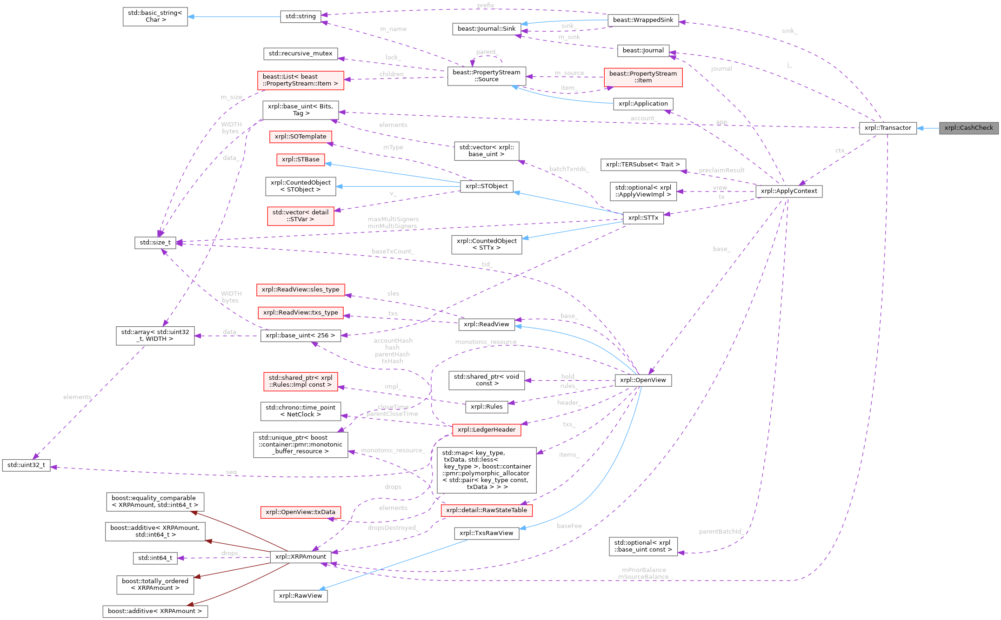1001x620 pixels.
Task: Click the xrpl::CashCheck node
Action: point(968,128)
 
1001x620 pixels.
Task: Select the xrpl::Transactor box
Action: point(888,128)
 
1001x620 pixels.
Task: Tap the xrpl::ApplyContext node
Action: point(789,191)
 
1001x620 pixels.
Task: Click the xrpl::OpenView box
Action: point(643,380)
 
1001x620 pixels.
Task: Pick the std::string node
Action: point(300,16)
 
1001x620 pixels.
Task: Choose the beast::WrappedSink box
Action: point(643,20)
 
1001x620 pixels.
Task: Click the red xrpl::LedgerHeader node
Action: point(486,430)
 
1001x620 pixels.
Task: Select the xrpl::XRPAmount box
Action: point(300,557)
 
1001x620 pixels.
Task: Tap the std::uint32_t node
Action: point(26,465)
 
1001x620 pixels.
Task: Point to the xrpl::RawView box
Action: point(300,596)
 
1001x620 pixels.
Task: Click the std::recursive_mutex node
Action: point(300,53)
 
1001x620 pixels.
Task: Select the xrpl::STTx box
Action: point(643,218)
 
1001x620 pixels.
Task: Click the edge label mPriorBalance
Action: point(644,570)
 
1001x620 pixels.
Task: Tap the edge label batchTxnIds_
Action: point(569,169)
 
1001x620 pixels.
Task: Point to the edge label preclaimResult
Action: point(721,170)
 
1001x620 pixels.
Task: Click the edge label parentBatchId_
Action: point(720,531)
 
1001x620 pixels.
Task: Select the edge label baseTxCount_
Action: point(393,251)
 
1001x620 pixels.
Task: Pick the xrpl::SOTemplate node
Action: point(300,137)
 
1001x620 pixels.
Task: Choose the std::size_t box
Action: point(155,243)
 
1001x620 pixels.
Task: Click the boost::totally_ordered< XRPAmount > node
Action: point(155,585)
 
